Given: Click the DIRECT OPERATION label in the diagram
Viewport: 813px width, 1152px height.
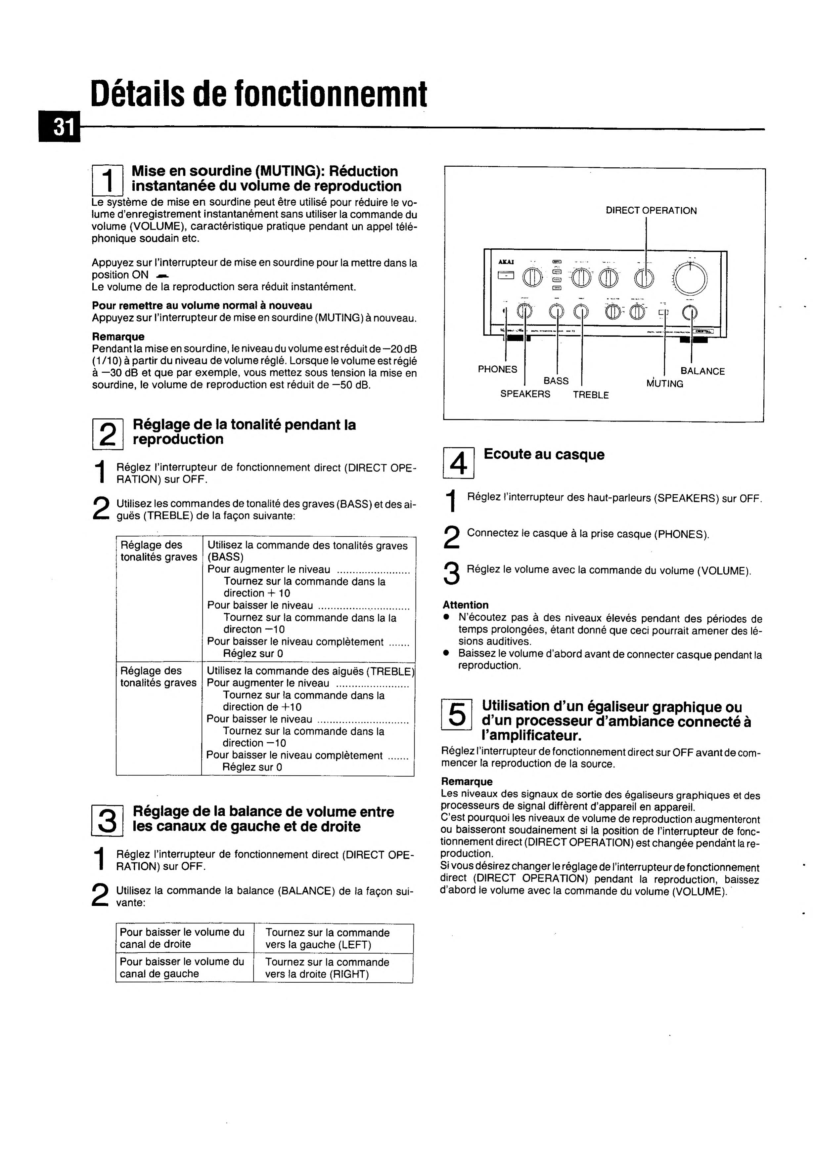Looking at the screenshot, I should pyautogui.click(x=651, y=211).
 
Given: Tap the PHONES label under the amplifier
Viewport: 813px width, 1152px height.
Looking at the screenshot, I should pyautogui.click(x=497, y=369).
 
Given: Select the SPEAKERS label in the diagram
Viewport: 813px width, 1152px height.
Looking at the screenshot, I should pyautogui.click(x=525, y=394).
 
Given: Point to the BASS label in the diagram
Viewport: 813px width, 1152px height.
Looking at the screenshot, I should pyautogui.click(x=556, y=381).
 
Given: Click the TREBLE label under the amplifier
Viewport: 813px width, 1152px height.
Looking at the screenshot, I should pyautogui.click(x=591, y=395).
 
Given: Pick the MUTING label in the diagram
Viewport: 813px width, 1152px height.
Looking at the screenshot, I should pyautogui.click(x=664, y=384).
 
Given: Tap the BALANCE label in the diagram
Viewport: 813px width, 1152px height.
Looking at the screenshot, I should pyautogui.click(x=702, y=371).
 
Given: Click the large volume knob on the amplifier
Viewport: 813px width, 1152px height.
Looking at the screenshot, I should pyautogui.click(x=691, y=277).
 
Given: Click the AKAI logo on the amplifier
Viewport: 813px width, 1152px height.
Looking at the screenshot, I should pyautogui.click(x=502, y=262).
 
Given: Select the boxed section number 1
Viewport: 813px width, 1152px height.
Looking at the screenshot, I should pyautogui.click(x=107, y=181).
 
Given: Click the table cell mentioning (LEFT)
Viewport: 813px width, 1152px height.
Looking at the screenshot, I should pyautogui.click(x=327, y=939).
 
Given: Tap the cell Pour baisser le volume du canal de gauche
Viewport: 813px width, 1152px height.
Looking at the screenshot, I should pyautogui.click(x=182, y=968).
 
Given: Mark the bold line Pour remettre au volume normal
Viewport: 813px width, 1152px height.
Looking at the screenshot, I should pyautogui.click(x=202, y=306).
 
